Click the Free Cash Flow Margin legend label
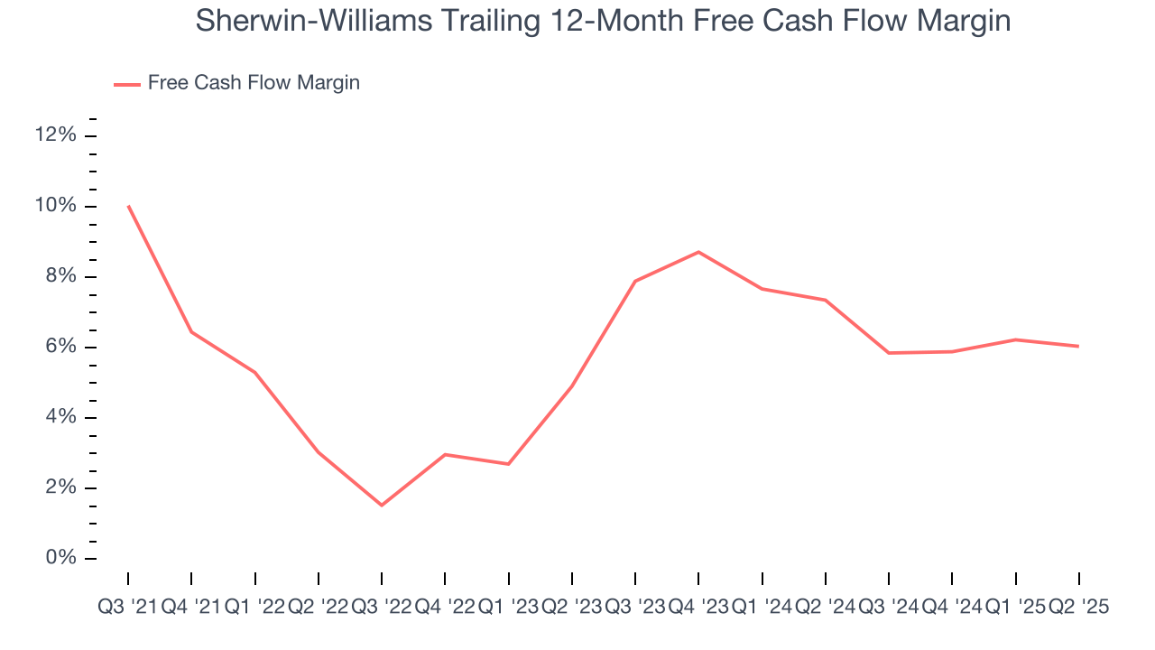[254, 83]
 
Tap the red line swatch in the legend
[126, 84]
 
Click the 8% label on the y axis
[60, 277]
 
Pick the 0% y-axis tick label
[60, 559]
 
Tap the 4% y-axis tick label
[60, 418]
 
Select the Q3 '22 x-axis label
[381, 608]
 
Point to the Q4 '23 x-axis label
[698, 608]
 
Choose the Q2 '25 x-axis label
[1077, 608]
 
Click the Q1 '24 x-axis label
[762, 608]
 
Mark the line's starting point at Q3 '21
[128, 206]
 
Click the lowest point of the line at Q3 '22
[382, 505]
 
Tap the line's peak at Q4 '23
[698, 252]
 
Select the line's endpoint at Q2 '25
[1078, 346]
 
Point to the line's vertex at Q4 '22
[445, 454]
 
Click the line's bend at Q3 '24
[889, 353]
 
